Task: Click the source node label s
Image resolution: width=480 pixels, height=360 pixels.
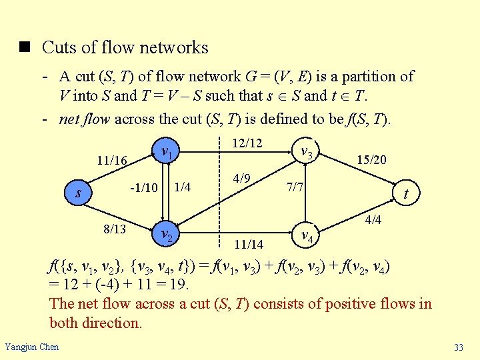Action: [79, 194]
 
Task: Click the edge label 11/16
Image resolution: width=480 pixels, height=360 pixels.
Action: [111, 161]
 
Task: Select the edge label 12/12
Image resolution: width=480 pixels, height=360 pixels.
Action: [247, 143]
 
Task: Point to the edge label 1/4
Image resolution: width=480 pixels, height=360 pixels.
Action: [182, 187]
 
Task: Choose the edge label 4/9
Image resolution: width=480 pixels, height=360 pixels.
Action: [241, 179]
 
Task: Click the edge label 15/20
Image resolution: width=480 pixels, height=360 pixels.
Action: [371, 161]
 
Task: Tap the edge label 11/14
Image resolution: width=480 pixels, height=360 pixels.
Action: [248, 245]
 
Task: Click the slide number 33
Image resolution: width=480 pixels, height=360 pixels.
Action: [458, 347]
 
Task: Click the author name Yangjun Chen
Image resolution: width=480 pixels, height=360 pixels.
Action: [31, 347]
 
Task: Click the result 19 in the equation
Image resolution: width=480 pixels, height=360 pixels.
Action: [179, 285]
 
